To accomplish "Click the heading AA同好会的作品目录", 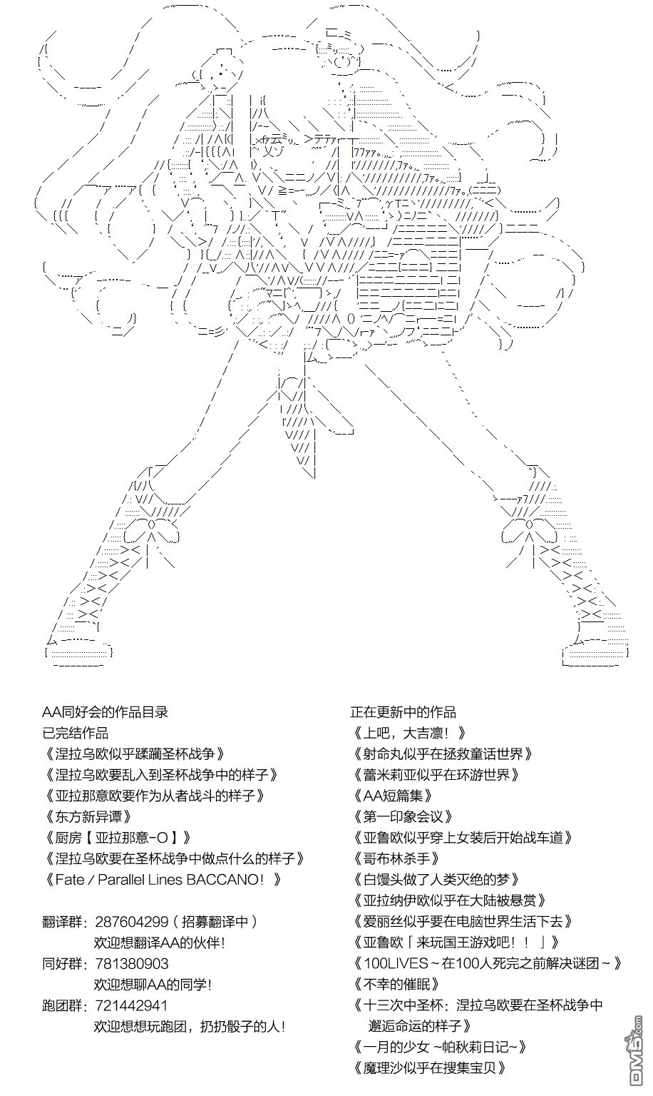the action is [105, 712].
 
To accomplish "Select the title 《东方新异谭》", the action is [88, 817].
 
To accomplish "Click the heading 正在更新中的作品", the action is [403, 712].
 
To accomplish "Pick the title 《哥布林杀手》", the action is [396, 859].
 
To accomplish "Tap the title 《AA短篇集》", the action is [392, 796].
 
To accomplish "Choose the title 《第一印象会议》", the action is [403, 817].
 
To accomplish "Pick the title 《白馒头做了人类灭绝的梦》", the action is [437, 880].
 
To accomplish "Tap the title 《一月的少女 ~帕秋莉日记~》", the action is [440, 1047].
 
